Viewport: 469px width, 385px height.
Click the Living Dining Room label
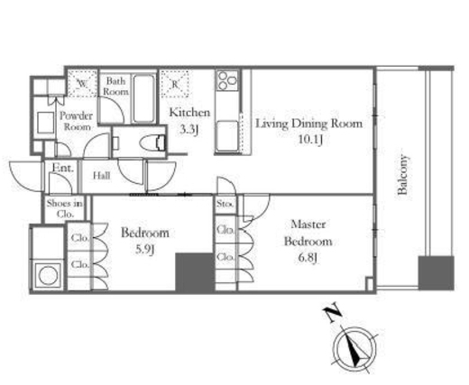pos(308,124)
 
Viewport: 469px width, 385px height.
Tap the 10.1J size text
pos(310,140)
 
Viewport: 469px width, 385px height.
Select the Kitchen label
pos(189,113)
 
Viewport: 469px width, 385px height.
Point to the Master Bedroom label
pos(308,234)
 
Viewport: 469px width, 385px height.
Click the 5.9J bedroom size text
pos(145,249)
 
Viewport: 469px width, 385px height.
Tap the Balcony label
pos(402,175)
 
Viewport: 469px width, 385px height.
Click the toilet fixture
pos(153,142)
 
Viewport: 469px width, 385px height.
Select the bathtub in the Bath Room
pos(144,98)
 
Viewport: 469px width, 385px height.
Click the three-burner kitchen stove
pos(227,80)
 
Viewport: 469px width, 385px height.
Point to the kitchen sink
pos(227,136)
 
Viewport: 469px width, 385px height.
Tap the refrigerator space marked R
pos(175,84)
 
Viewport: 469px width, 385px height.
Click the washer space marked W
pos(82,84)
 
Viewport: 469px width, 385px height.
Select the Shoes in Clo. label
pos(65,208)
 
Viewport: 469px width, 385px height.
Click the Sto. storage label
pos(225,204)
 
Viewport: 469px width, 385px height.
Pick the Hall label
pos(101,176)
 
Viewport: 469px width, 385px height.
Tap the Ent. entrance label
pos(63,168)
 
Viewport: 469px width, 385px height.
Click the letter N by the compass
pos(332,315)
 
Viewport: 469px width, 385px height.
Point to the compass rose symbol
pos(355,350)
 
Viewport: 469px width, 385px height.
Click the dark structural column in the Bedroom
pos(195,272)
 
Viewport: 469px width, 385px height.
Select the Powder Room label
pos(77,121)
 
